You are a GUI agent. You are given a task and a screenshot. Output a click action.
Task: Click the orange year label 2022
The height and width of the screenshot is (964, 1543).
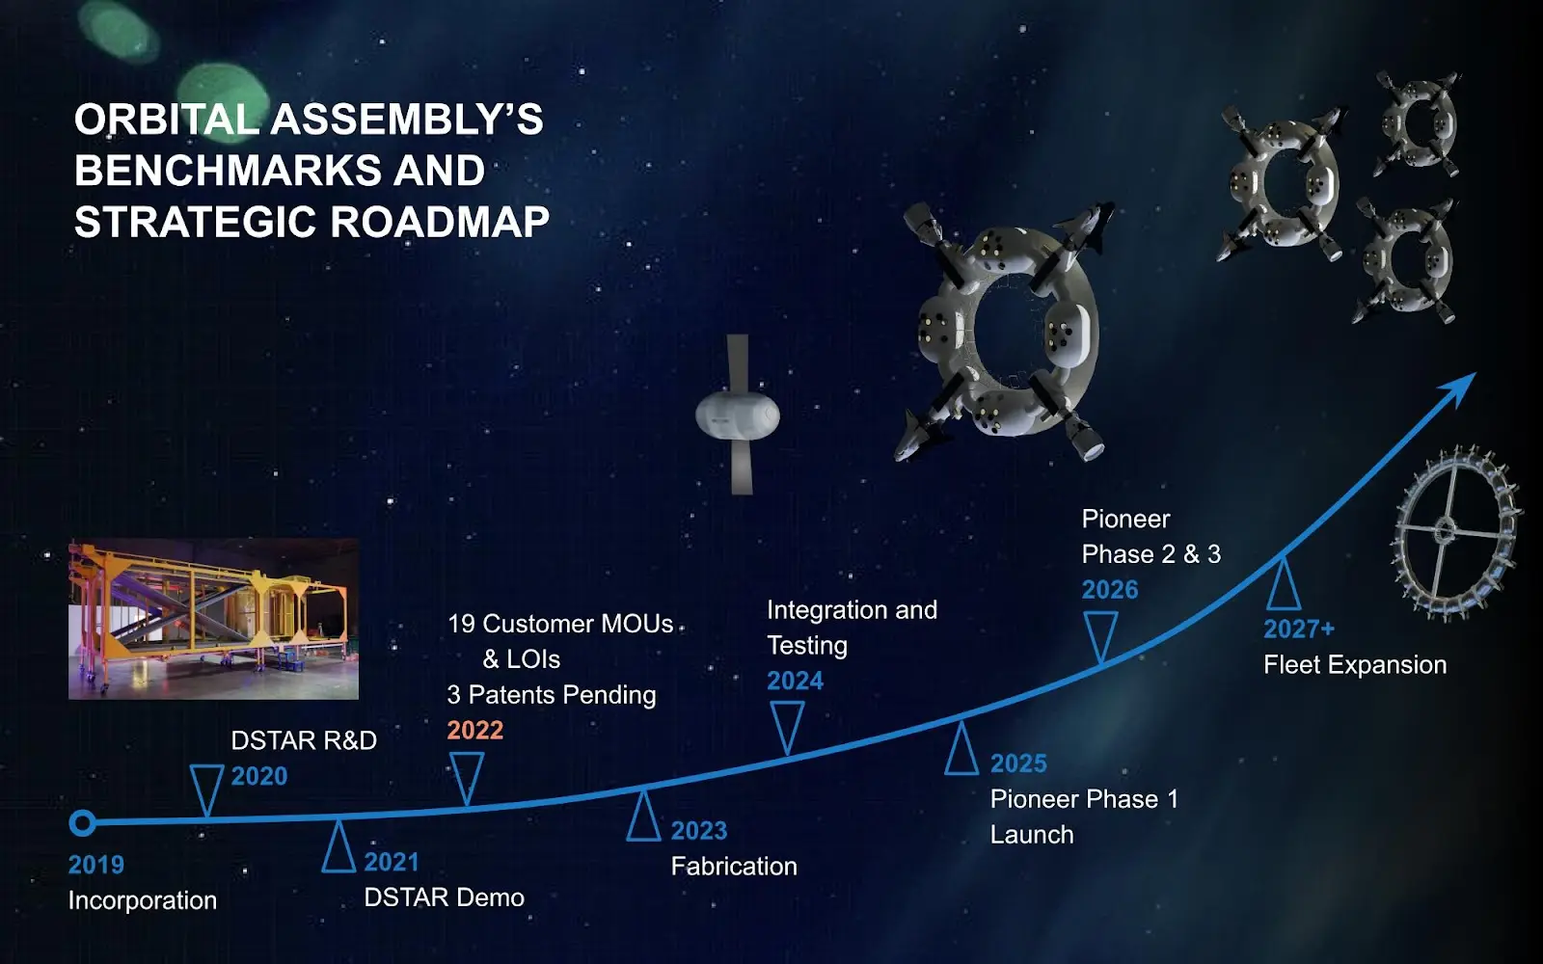pyautogui.click(x=475, y=730)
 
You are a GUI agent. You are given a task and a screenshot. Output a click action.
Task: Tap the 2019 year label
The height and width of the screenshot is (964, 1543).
pyautogui.click(x=95, y=865)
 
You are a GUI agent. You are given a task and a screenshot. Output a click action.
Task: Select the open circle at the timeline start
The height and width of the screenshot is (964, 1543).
pyautogui.click(x=83, y=823)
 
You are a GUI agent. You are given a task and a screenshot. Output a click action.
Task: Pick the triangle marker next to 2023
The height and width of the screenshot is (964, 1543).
pyautogui.click(x=643, y=815)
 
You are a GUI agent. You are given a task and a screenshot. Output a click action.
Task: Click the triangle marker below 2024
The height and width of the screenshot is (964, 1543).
pyautogui.click(x=787, y=728)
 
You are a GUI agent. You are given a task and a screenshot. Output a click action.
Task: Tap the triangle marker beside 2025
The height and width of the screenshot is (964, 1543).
pyautogui.click(x=961, y=748)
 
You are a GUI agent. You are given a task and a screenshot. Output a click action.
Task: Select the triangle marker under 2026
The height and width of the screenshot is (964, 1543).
pyautogui.click(x=1100, y=638)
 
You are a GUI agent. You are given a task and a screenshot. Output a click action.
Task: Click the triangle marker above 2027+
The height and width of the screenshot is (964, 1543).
pyautogui.click(x=1284, y=584)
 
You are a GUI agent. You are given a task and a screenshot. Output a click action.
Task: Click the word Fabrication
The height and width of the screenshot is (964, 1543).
pyautogui.click(x=734, y=867)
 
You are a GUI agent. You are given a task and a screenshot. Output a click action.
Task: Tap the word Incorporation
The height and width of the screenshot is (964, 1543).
pyautogui.click(x=143, y=900)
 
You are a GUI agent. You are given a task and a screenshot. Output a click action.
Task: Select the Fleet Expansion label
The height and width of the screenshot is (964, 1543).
pyautogui.click(x=1355, y=665)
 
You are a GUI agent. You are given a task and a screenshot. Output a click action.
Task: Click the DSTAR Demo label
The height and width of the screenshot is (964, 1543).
pyautogui.click(x=445, y=897)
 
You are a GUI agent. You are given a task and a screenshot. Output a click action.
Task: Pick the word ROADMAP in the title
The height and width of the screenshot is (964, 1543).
pyautogui.click(x=440, y=222)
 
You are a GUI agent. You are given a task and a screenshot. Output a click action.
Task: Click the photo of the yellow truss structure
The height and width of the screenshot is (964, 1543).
pyautogui.click(x=213, y=619)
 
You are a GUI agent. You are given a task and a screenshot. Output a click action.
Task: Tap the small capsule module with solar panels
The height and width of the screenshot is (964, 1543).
pyautogui.click(x=738, y=415)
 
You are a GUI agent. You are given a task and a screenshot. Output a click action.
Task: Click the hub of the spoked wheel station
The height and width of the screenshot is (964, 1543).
pyautogui.click(x=1444, y=531)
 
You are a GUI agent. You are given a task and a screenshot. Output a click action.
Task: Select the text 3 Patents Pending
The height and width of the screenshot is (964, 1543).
pyautogui.click(x=551, y=695)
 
